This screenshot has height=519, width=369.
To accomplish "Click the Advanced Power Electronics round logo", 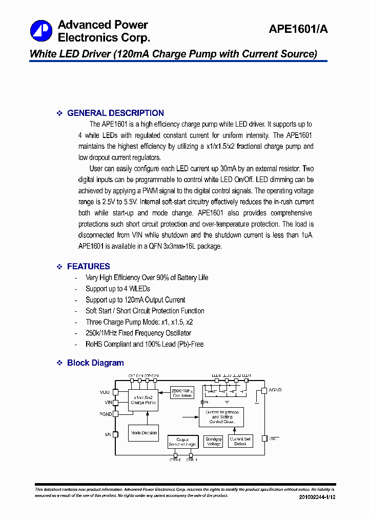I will (x=41, y=31).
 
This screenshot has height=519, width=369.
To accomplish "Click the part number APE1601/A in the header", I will (x=298, y=30).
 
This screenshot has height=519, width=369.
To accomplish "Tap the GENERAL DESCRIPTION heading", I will (x=115, y=113).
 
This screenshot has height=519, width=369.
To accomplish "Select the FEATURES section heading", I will (x=88, y=266).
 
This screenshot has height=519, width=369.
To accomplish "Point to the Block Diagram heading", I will (x=95, y=363).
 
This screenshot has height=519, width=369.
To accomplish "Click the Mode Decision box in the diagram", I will (x=143, y=433).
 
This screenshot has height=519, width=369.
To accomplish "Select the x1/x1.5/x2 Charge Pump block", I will (x=143, y=400).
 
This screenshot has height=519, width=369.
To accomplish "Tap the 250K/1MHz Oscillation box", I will (x=181, y=392).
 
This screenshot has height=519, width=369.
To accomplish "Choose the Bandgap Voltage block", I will (x=213, y=442).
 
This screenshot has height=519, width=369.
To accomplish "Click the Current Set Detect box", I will (x=240, y=442).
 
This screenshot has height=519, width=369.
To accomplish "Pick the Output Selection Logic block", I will (x=182, y=442).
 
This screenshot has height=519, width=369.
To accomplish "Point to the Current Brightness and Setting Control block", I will (x=221, y=417).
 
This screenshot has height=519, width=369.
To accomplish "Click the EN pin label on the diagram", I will (x=108, y=434).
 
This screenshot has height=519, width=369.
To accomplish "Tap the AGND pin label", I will (x=275, y=390).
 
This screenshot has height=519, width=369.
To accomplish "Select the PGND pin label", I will (x=106, y=413).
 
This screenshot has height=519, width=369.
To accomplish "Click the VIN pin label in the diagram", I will (x=107, y=403).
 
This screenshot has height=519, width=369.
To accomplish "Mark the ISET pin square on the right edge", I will (x=264, y=438).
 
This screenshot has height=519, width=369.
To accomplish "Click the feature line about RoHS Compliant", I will (x=145, y=344).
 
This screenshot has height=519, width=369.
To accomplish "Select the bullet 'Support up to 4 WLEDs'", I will (x=118, y=289).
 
